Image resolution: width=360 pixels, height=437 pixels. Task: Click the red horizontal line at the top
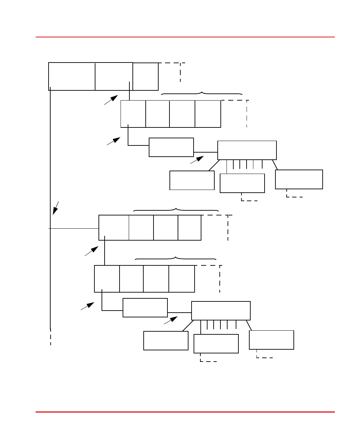[185, 37]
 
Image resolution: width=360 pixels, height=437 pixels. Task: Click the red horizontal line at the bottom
[185, 412]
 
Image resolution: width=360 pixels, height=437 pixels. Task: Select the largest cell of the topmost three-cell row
[72, 76]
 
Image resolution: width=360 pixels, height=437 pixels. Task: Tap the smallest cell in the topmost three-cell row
[145, 76]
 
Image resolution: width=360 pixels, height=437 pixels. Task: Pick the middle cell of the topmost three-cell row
[114, 76]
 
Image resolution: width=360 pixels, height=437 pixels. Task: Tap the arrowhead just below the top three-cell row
[114, 98]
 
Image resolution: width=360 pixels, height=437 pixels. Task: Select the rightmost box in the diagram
[299, 179]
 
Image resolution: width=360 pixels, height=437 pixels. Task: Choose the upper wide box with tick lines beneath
[247, 150]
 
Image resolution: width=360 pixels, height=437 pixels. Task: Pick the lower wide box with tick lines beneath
[221, 311]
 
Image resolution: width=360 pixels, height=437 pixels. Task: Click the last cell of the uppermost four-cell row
[208, 114]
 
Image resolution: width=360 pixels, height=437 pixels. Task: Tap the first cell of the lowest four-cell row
[107, 279]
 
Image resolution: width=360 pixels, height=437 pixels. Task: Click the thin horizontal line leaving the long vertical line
[74, 229]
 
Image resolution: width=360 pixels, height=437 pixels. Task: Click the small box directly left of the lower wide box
[145, 308]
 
